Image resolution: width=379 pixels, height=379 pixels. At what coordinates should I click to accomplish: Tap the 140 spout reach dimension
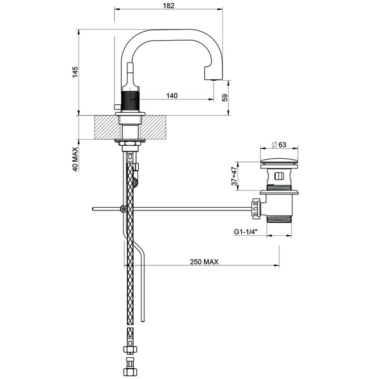pos(172,95)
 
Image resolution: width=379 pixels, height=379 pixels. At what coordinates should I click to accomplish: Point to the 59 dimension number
pos(225,98)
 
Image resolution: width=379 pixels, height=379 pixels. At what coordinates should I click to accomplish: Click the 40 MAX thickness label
pos(75,159)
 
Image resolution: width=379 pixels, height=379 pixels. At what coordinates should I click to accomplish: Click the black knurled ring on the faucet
pos(131,102)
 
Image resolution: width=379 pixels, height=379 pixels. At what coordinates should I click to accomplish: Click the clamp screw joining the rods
pos(124,209)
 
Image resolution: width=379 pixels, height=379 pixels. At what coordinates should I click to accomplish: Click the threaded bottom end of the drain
pos(279,219)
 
